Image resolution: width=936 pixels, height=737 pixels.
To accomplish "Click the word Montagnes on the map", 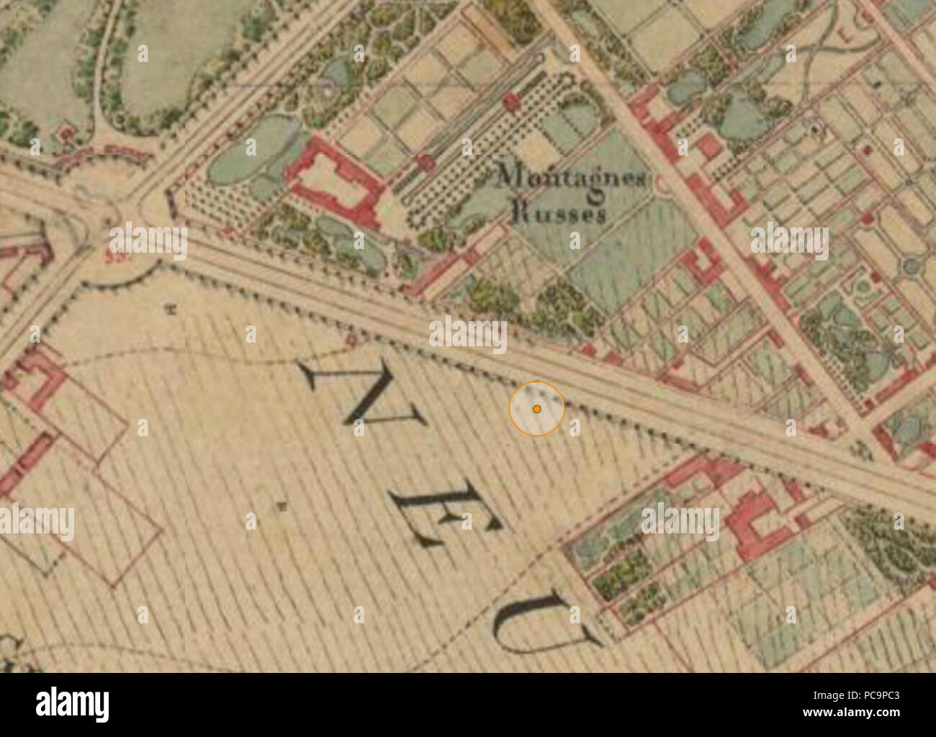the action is (572, 176).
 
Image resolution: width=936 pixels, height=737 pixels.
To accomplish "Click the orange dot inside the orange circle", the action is (536, 409).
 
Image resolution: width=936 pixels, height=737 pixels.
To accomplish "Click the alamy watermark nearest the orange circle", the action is (468, 335).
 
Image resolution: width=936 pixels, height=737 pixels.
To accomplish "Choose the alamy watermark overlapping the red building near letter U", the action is (680, 521).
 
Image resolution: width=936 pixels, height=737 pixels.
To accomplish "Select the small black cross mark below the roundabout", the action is (171, 311).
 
